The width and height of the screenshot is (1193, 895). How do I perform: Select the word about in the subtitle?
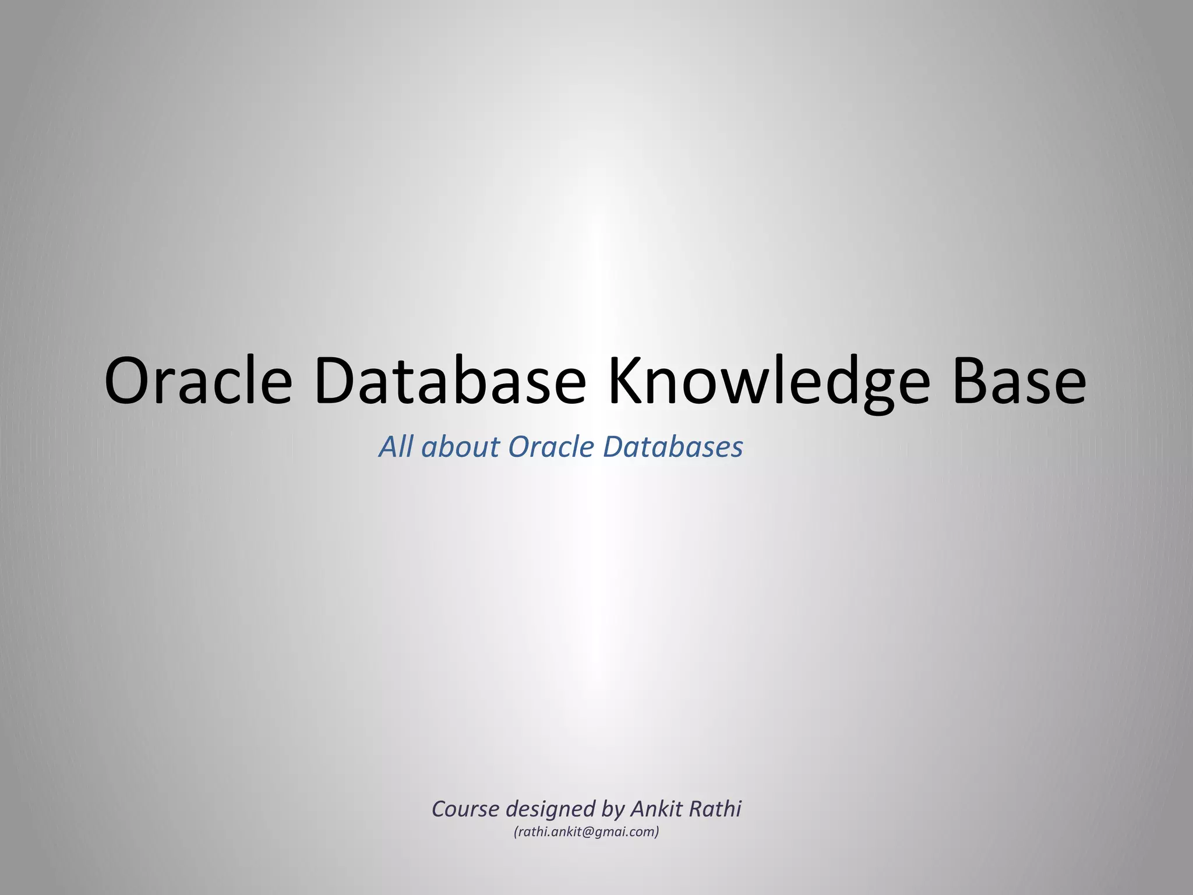click(x=460, y=447)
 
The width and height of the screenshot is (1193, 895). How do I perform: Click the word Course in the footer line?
click(x=465, y=809)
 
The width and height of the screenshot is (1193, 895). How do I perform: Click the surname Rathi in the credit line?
click(x=715, y=809)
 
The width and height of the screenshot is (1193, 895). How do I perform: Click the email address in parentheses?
click(x=586, y=832)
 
